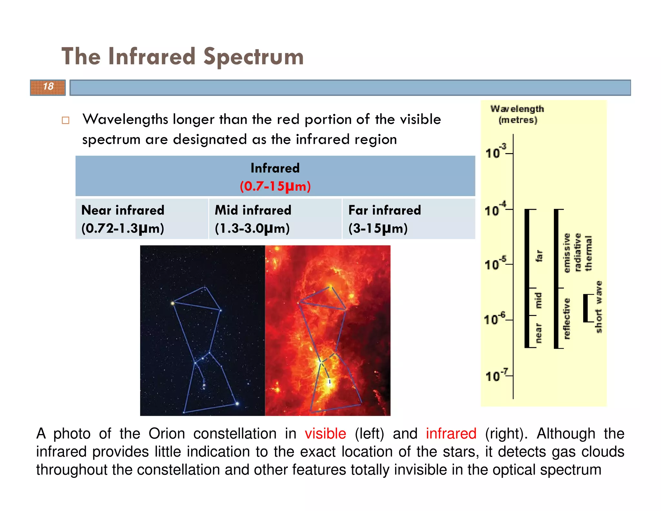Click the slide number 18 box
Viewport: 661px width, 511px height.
point(48,87)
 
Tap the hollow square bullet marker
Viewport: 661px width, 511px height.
point(66,120)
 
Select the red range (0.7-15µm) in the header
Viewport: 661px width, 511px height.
point(275,186)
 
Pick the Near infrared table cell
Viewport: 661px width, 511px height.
point(142,219)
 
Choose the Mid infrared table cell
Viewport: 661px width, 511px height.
point(275,219)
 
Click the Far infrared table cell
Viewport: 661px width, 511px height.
point(409,219)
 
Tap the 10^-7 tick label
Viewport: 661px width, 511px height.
point(496,375)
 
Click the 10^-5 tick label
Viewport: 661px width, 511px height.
point(495,264)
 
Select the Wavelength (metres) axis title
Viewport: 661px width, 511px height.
point(517,114)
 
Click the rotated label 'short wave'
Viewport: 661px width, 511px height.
point(599,307)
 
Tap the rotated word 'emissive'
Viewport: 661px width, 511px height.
point(567,253)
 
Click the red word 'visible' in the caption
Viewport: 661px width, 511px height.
point(325,433)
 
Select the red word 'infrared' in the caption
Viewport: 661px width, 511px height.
point(451,433)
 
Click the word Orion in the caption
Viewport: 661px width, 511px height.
point(167,433)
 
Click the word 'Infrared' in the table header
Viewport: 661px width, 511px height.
point(275,168)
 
